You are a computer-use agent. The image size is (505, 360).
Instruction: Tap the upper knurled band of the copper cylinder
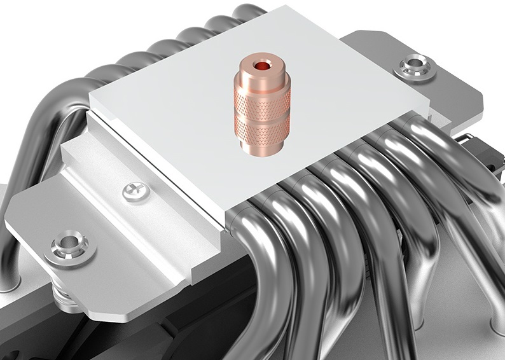coord(265,93)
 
